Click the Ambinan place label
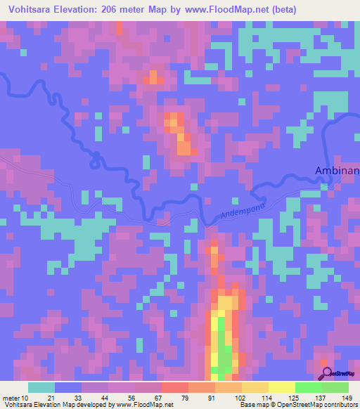pyautogui.click(x=336, y=170)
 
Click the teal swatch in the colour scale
pyautogui.click(x=41, y=387)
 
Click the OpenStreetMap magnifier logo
pyautogui.click(x=326, y=373)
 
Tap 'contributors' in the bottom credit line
pyautogui.click(x=340, y=405)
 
